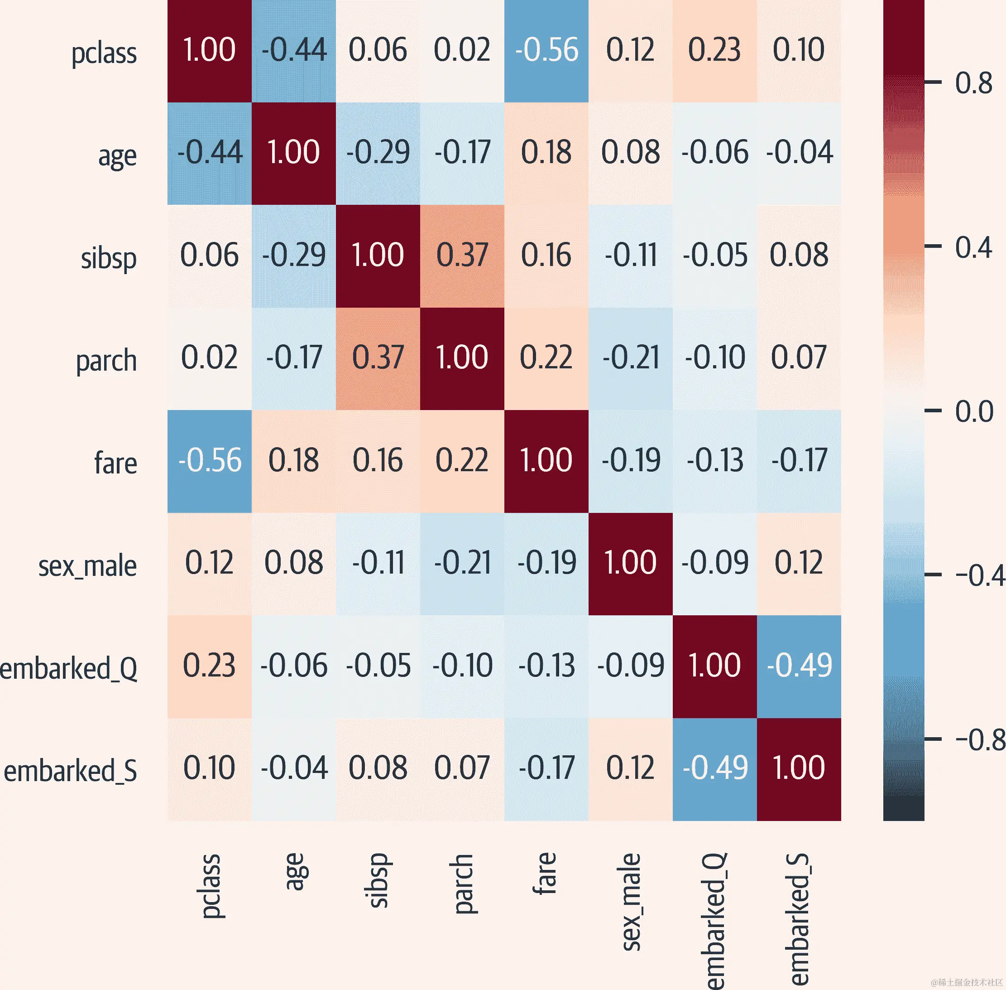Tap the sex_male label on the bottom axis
click(x=631, y=902)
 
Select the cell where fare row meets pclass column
click(x=210, y=461)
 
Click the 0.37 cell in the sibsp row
click(x=462, y=255)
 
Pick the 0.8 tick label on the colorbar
click(x=973, y=83)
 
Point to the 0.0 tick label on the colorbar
click(x=974, y=412)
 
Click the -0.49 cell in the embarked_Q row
click(x=799, y=666)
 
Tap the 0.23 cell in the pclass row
click(x=714, y=50)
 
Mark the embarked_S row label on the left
click(x=71, y=771)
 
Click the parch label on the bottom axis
click(x=462, y=884)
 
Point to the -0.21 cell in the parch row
click(x=631, y=358)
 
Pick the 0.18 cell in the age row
click(x=546, y=153)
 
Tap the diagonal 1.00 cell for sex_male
click(x=631, y=563)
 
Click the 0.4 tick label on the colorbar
click(x=973, y=247)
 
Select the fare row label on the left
click(x=115, y=463)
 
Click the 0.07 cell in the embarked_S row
click(x=462, y=768)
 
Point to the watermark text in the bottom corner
click(x=967, y=982)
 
